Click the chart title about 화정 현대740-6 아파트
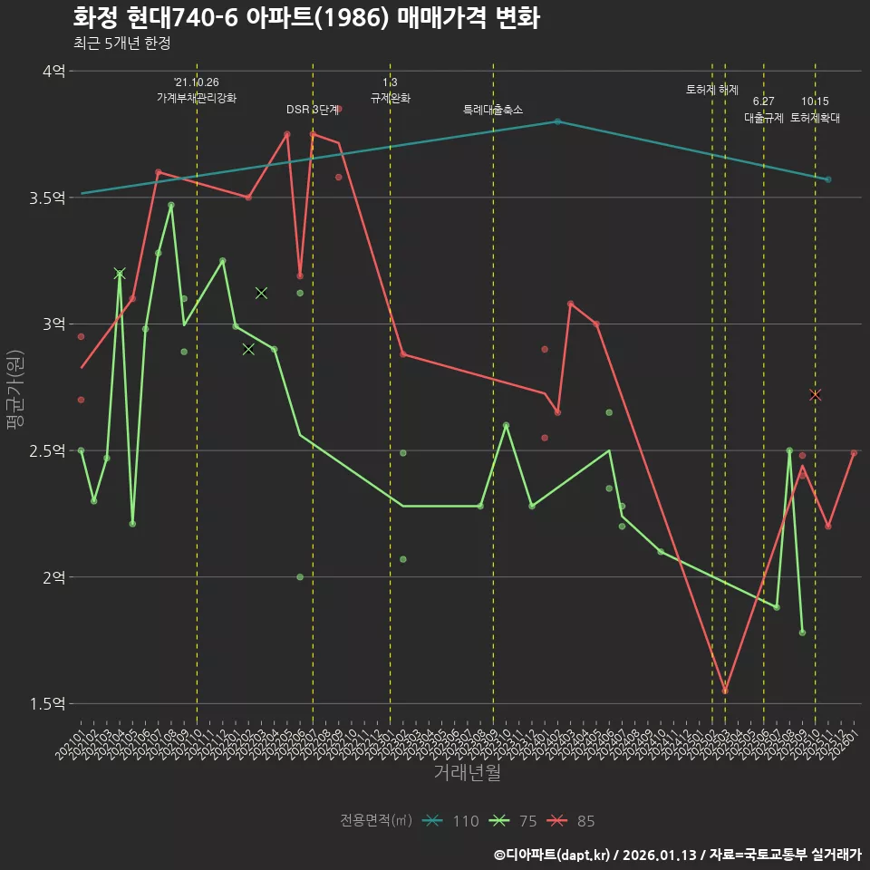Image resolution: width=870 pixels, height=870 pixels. click(x=305, y=18)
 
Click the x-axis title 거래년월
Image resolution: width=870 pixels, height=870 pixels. click(x=467, y=773)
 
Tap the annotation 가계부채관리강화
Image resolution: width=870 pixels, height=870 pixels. click(x=197, y=98)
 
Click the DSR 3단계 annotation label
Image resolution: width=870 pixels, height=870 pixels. click(x=313, y=110)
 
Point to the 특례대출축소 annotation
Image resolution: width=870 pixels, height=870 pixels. click(x=493, y=110)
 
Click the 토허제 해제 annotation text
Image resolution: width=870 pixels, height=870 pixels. click(x=712, y=90)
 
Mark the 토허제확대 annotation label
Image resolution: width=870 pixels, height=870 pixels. click(x=816, y=118)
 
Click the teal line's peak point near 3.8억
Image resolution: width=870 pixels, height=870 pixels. click(x=557, y=121)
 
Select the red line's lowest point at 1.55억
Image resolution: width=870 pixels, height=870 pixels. click(x=725, y=691)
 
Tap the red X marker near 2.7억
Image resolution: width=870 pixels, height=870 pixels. click(x=815, y=395)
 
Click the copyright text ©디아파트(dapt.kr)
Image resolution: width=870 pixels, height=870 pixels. click(x=553, y=855)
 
